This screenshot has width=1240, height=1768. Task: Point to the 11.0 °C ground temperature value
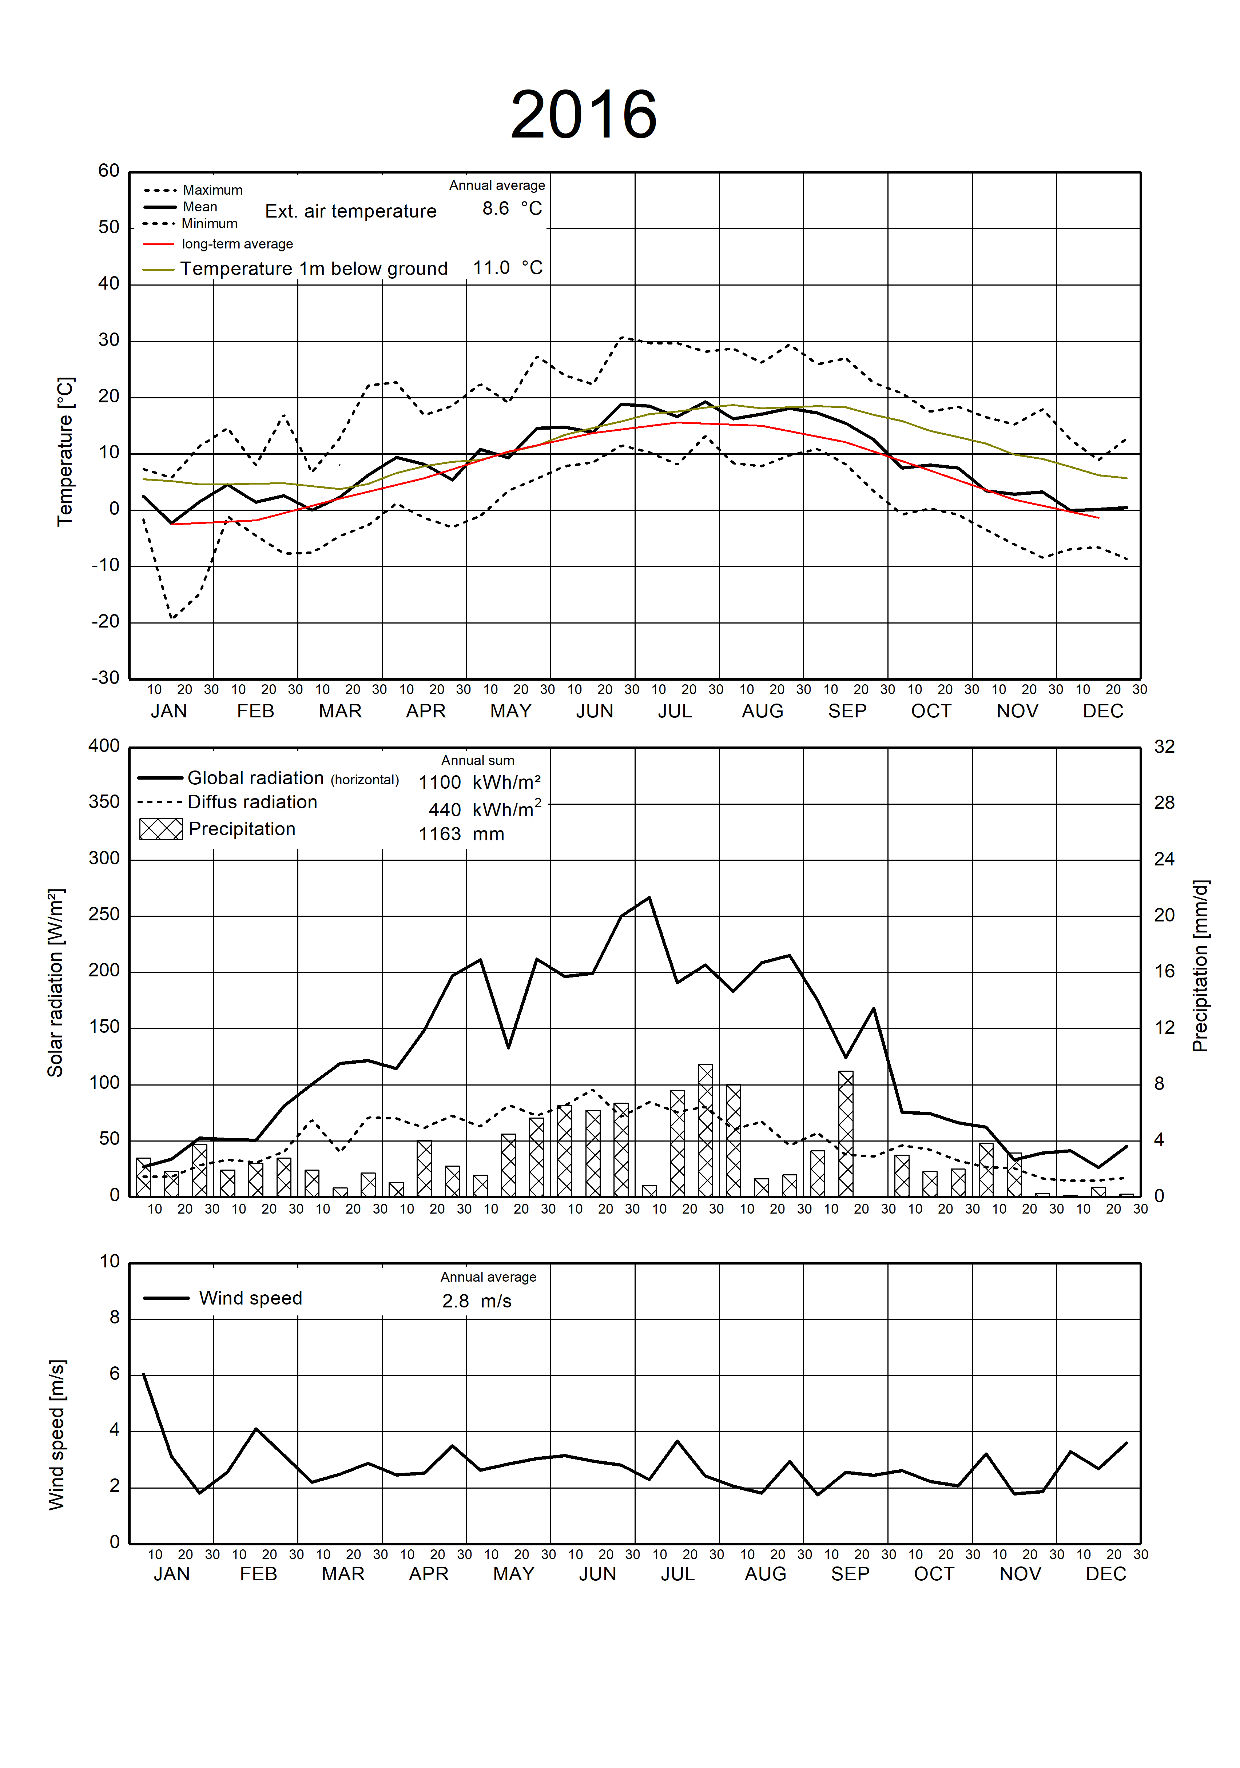(508, 268)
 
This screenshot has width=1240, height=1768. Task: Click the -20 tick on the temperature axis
(106, 621)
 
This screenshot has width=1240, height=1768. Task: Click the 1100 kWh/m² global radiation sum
(479, 783)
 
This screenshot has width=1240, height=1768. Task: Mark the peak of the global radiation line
(649, 897)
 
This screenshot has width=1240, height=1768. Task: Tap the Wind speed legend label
(250, 1298)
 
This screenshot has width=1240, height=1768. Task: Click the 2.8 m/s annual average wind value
(477, 1301)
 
